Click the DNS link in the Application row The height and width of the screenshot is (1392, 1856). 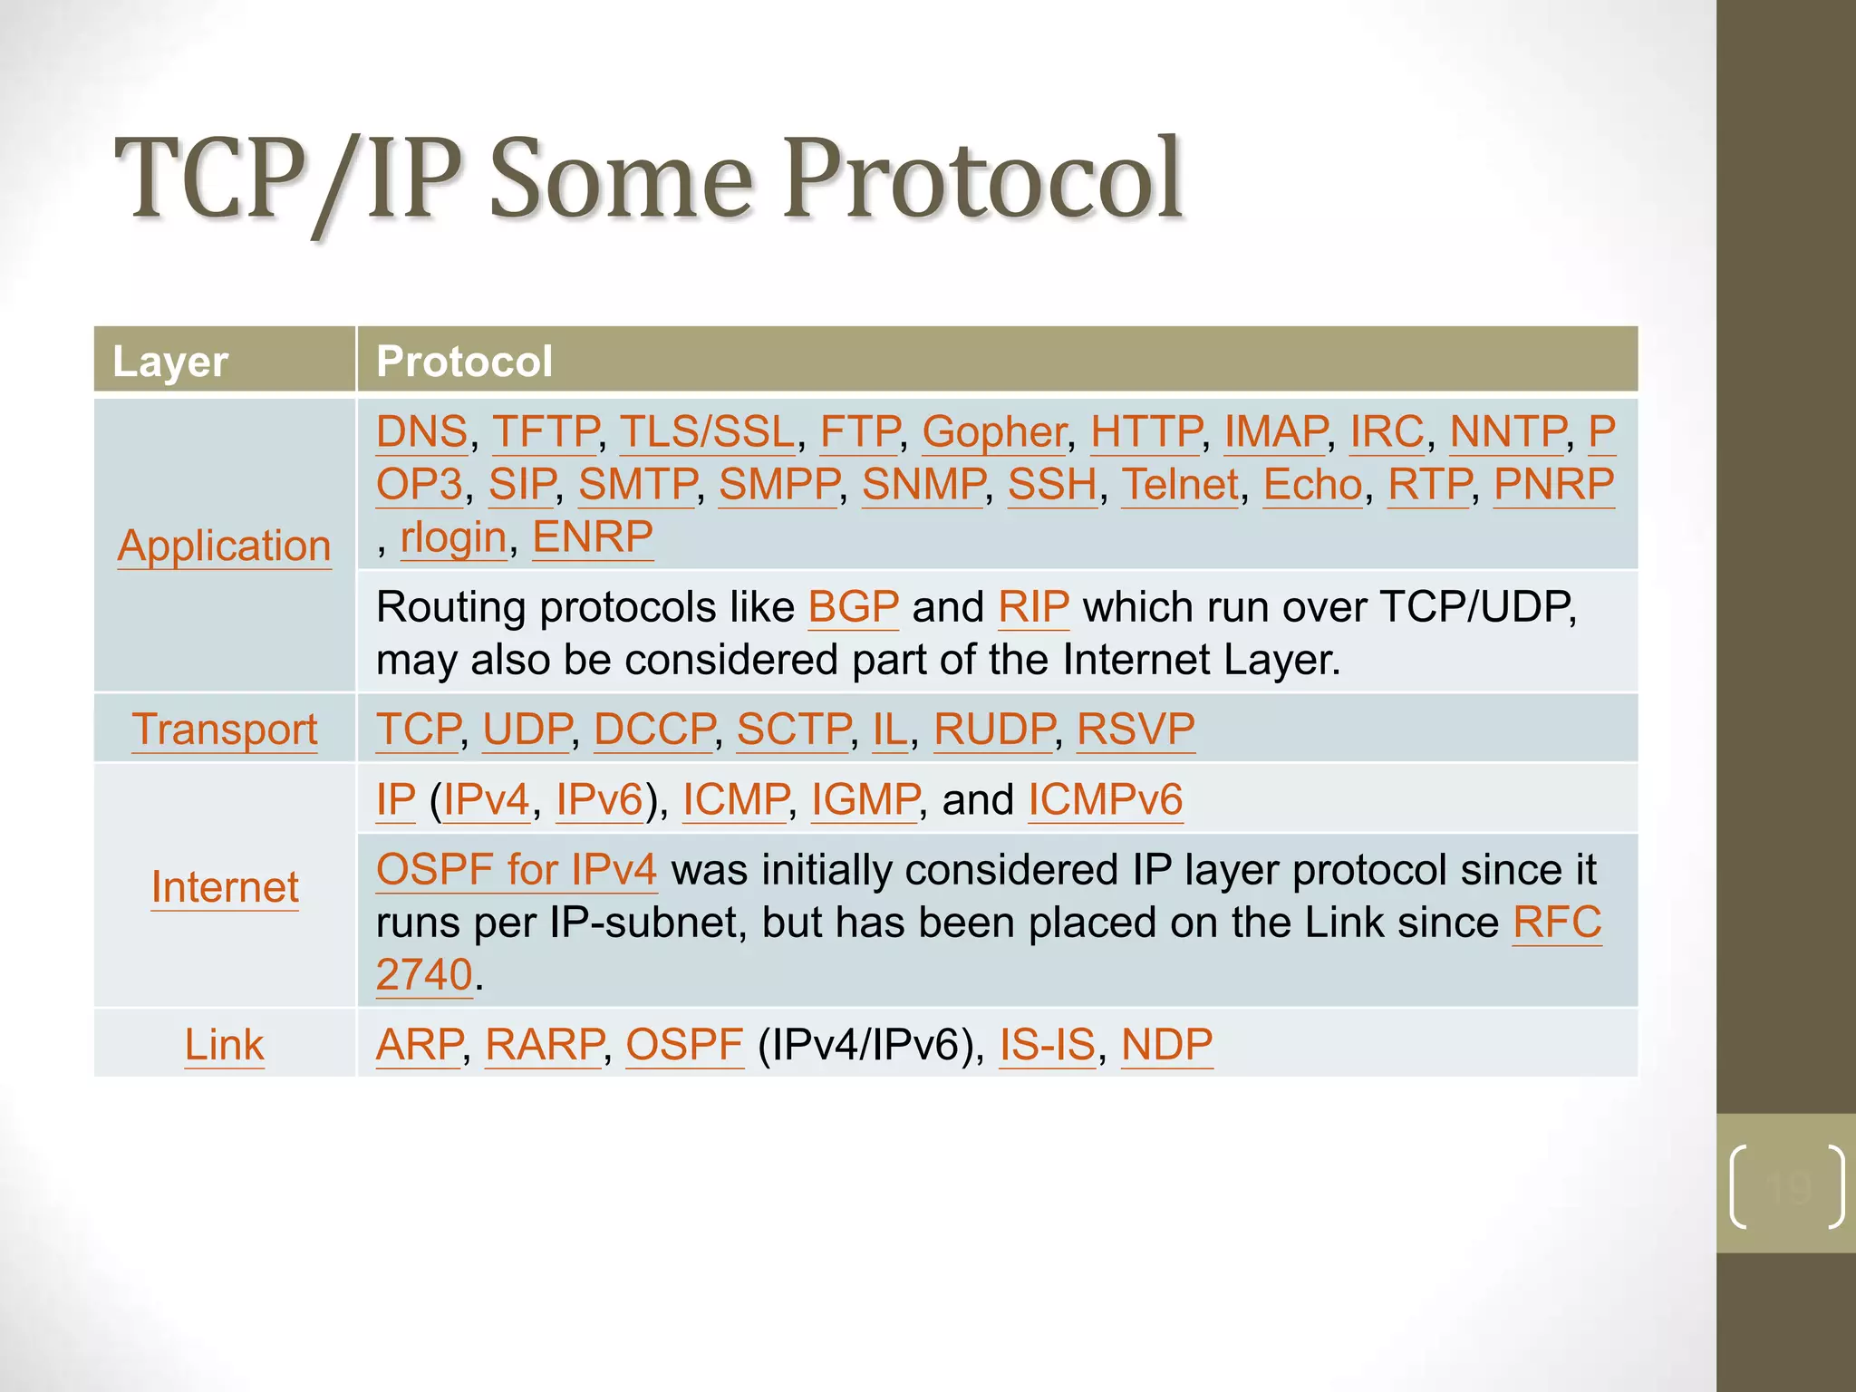coord(421,432)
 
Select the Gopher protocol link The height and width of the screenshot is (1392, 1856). coord(994,432)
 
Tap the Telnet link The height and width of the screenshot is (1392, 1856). coord(1180,485)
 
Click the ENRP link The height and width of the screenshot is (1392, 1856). coord(593,537)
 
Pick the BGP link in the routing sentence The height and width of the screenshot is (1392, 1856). coord(853,607)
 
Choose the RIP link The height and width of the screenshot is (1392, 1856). coord(1033,607)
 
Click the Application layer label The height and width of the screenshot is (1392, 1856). coord(224,546)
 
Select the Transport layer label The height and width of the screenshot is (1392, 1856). coord(225,730)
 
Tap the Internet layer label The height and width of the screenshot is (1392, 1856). coord(225,887)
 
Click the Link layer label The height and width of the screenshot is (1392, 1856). coord(224,1045)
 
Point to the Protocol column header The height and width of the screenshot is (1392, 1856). coord(464,361)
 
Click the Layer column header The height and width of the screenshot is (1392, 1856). coord(169,361)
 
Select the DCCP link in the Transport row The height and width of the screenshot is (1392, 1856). coord(654,730)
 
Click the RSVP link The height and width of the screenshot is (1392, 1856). coord(1136,730)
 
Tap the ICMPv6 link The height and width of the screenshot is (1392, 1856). coord(1105,800)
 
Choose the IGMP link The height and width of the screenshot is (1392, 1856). coord(865,800)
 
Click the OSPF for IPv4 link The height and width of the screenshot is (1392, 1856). coord(516,870)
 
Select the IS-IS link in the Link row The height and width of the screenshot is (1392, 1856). coord(1047,1045)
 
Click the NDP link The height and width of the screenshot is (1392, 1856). coord(1166,1045)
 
